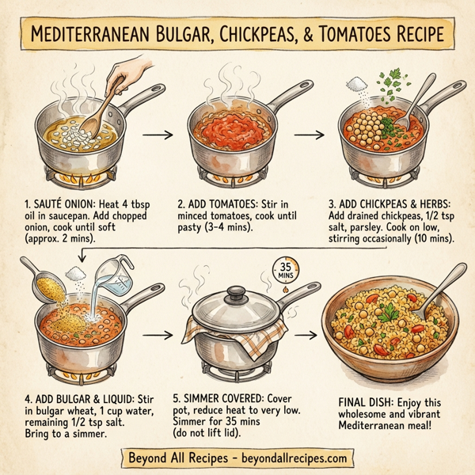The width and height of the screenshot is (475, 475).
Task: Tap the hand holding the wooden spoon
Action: (122, 77)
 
